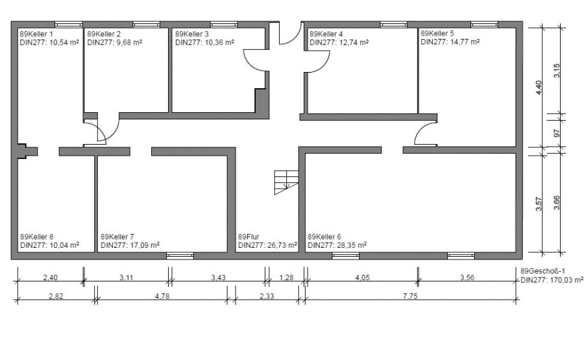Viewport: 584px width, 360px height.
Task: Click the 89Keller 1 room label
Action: click(x=36, y=34)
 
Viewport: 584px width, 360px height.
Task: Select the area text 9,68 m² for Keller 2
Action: click(x=129, y=42)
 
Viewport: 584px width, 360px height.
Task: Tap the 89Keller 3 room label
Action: click(x=192, y=34)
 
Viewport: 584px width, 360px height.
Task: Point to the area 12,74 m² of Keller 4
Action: click(x=354, y=42)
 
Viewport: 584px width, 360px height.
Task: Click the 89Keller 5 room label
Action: click(x=437, y=34)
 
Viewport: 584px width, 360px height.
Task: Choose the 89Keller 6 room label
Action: click(x=324, y=237)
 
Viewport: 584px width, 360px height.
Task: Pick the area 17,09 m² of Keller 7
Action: click(x=145, y=245)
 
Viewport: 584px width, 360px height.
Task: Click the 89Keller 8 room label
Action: click(x=36, y=237)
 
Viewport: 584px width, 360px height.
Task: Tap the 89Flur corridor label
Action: click(x=249, y=237)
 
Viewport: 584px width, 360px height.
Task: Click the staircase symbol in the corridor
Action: click(x=286, y=182)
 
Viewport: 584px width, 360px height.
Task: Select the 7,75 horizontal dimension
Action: click(x=410, y=296)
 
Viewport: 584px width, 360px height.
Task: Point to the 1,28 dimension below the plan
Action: click(x=286, y=278)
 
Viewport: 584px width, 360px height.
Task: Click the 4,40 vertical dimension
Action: click(x=539, y=88)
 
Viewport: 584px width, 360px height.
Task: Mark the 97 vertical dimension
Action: click(x=557, y=133)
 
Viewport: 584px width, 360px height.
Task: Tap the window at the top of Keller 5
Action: click(x=484, y=25)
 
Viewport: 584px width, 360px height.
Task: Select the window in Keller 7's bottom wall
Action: click(x=180, y=256)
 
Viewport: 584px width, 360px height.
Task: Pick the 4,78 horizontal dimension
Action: click(x=162, y=296)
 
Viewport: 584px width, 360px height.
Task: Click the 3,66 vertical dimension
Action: click(x=557, y=203)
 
